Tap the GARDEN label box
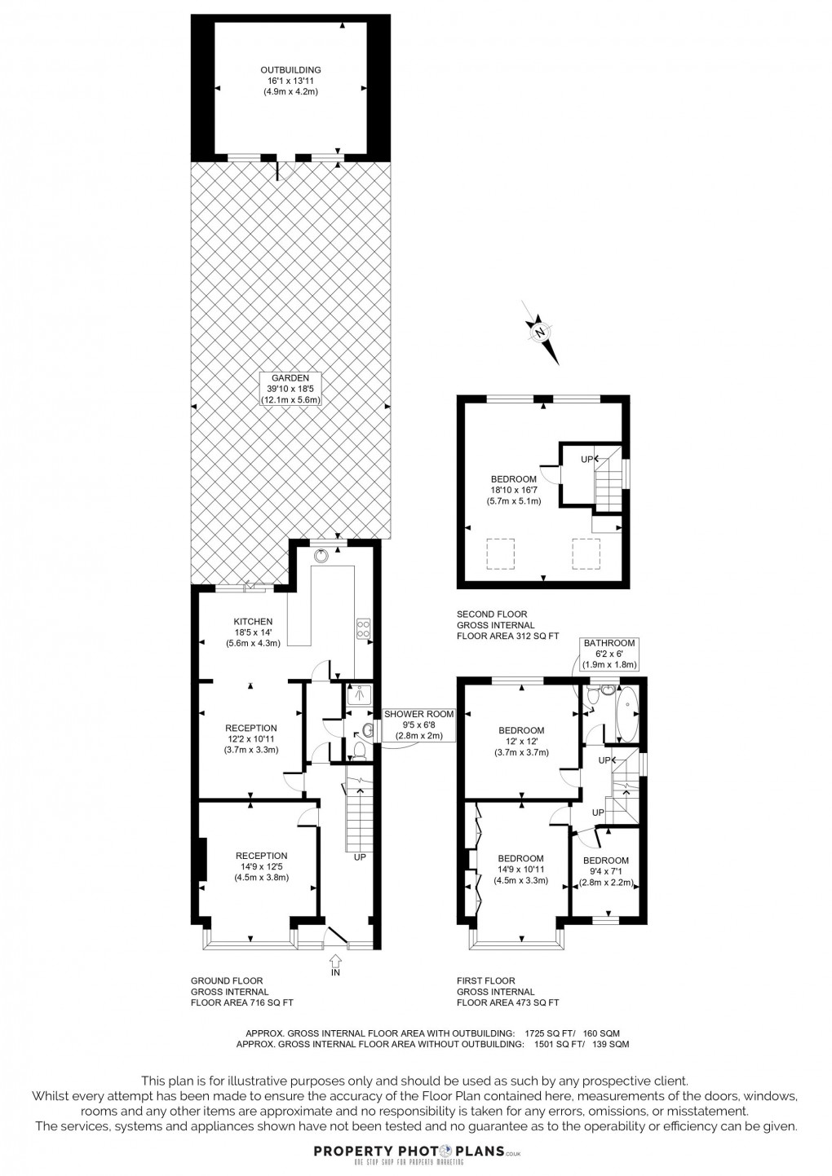pos(290,389)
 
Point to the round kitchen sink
pos(324,555)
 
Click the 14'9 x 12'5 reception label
pos(261,866)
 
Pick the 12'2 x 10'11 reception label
pos(251,739)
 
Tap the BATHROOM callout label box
pos(609,654)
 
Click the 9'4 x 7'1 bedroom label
pos(606,871)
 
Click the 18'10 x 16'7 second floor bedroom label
pos(513,490)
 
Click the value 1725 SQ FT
pos(555,1033)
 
